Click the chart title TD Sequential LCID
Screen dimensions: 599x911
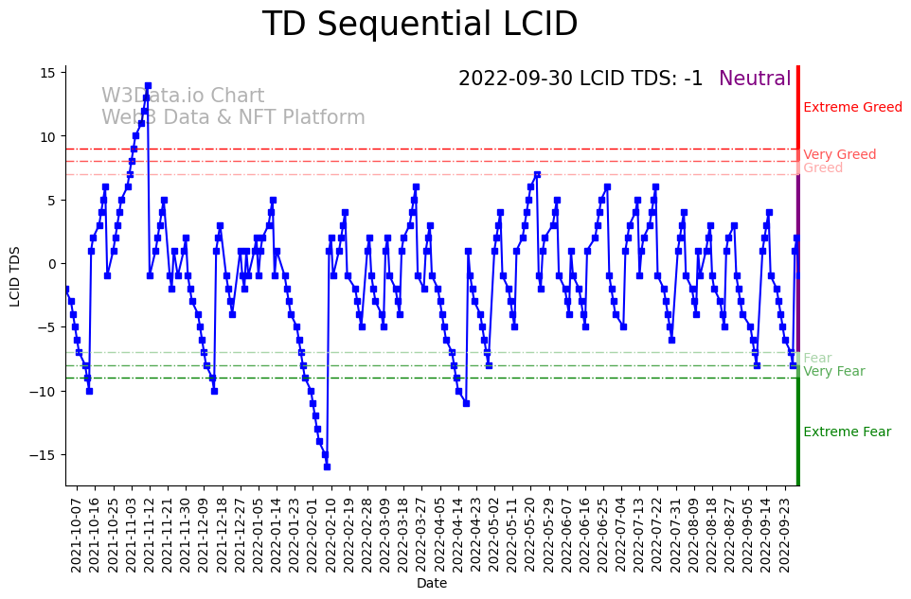[420, 25]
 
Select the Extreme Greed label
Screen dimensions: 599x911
[852, 107]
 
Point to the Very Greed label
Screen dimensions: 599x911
[839, 154]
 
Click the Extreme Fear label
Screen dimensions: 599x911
[847, 432]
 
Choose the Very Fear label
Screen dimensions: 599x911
[833, 371]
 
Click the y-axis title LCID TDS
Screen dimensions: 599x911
[15, 275]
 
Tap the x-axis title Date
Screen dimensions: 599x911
[432, 583]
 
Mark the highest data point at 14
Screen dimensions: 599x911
[148, 85]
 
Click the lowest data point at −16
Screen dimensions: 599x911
[327, 467]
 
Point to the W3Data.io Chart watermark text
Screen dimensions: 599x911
[183, 96]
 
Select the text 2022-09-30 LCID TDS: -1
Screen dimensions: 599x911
[581, 79]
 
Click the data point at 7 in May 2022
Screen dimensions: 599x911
[537, 174]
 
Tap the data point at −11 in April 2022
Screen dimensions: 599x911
[466, 403]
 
